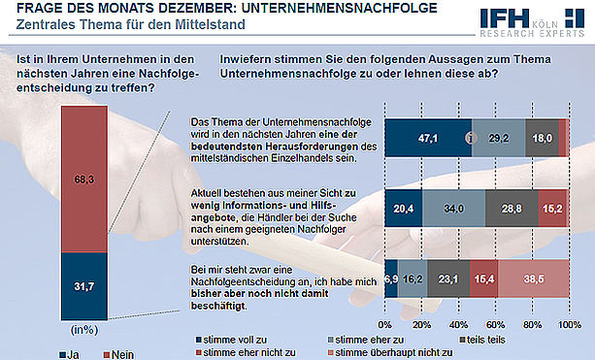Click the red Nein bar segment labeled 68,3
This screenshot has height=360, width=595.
(84, 180)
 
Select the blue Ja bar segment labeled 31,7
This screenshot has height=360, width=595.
(84, 286)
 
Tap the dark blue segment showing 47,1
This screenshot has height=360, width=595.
(428, 138)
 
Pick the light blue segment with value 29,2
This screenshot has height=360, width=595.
(499, 138)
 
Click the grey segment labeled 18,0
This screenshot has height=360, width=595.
(543, 138)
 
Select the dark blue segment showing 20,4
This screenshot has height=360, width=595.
(404, 209)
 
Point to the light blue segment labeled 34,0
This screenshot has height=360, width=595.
(454, 209)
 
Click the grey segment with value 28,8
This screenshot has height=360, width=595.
(512, 209)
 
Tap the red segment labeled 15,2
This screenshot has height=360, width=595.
(553, 209)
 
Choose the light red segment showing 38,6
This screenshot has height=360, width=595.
(534, 278)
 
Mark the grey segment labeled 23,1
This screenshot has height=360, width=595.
(448, 278)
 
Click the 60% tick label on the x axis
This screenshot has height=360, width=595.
(496, 325)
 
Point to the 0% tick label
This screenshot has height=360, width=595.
(384, 325)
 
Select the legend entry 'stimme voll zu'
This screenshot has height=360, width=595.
(231, 340)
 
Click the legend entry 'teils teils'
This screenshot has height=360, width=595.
(482, 340)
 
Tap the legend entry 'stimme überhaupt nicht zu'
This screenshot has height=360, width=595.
(390, 353)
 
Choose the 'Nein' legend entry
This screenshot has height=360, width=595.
(118, 355)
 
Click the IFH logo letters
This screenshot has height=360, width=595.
(505, 18)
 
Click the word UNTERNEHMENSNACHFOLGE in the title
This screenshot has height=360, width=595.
(340, 8)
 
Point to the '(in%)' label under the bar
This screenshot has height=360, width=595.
(84, 330)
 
